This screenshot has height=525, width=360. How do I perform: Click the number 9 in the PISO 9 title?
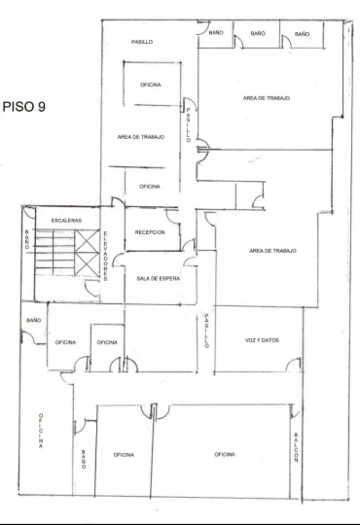coord(41,107)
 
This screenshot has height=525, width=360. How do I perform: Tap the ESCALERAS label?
coord(66,221)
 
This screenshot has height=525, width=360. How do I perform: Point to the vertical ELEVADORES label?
coord(105,256)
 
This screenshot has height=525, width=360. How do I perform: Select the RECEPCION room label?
coord(150,232)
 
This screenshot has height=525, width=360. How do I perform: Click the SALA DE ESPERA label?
coord(158,278)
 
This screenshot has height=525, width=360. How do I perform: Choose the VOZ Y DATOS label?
coord(262,340)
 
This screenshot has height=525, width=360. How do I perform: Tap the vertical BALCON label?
coord(296,447)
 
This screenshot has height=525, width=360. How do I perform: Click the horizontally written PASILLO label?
coord(142,42)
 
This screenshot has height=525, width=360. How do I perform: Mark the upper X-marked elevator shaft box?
coord(87,241)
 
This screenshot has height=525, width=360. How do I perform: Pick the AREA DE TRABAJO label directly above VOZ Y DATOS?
coord(272,251)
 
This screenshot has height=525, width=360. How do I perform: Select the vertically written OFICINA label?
coord(41,431)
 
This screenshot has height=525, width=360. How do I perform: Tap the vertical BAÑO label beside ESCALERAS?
coord(27,239)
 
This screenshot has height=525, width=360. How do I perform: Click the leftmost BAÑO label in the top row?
coord(216,32)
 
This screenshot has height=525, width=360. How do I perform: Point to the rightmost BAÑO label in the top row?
coord(302,34)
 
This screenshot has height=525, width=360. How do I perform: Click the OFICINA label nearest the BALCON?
coord(225,454)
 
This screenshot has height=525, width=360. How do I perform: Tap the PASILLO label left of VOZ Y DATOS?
coord(206,331)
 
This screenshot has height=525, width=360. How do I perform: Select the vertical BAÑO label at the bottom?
coord(84,459)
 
